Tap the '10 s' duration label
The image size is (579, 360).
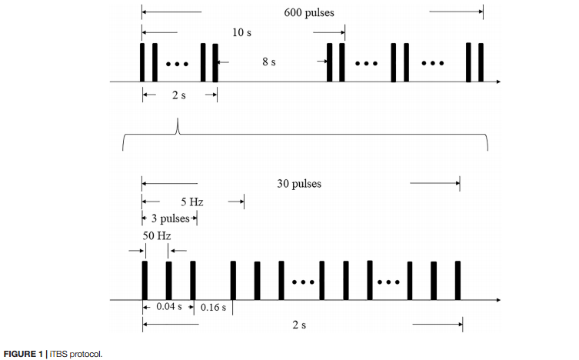click(242, 33)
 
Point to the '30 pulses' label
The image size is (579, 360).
click(299, 184)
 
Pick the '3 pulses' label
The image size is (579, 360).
click(169, 219)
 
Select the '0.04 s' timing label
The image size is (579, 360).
click(169, 306)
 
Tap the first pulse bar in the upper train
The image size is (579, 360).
click(142, 62)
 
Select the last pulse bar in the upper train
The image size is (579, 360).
click(481, 62)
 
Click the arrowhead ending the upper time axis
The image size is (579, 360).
click(500, 80)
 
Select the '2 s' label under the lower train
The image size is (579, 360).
click(299, 325)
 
